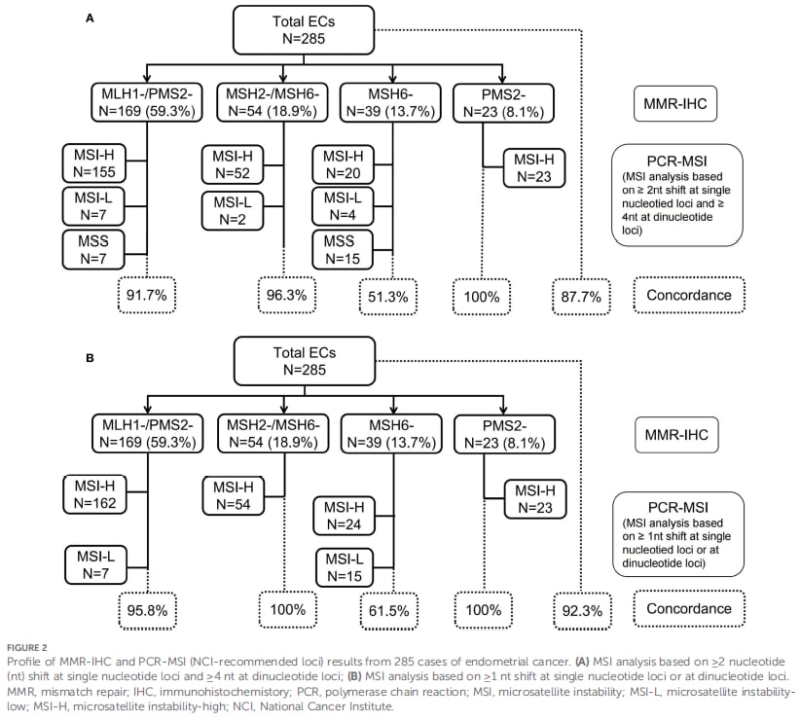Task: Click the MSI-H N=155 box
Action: (x=93, y=163)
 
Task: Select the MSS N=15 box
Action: (x=343, y=250)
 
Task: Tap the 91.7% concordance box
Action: (x=147, y=295)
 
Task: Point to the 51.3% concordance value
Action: (x=388, y=297)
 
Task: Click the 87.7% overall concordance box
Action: (x=581, y=297)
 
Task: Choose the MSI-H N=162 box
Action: (x=95, y=494)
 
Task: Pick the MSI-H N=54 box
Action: (x=234, y=496)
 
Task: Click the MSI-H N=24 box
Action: (x=344, y=516)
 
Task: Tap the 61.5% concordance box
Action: (x=389, y=611)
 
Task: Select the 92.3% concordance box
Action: (x=582, y=611)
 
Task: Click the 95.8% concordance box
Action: (x=148, y=610)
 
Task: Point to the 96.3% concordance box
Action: (x=287, y=295)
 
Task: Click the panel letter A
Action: (x=90, y=18)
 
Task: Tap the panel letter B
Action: (x=90, y=358)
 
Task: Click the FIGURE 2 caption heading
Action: (x=27, y=648)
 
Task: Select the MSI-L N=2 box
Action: (x=233, y=211)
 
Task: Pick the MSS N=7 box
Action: (x=93, y=250)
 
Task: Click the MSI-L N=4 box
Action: (x=343, y=206)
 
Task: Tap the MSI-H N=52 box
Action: (x=233, y=164)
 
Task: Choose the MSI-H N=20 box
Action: (x=343, y=164)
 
